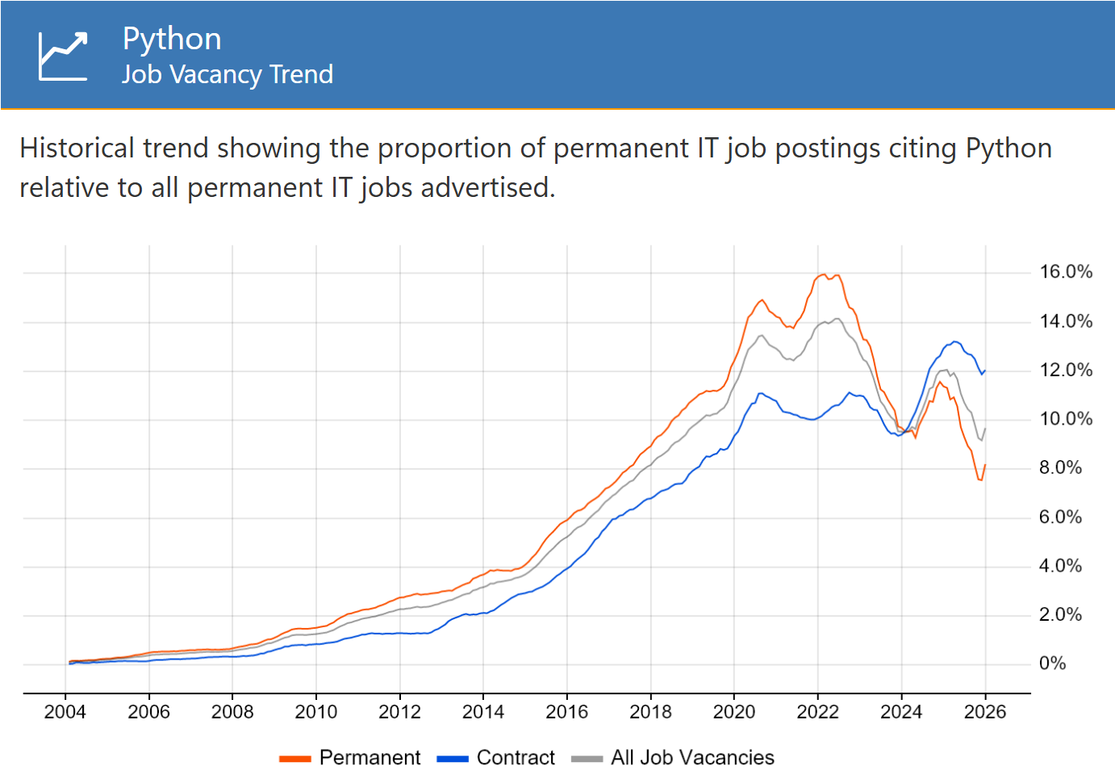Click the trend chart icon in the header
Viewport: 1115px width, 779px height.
[63, 56]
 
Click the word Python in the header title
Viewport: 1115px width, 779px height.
[172, 39]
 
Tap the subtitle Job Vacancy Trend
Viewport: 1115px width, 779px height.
[228, 75]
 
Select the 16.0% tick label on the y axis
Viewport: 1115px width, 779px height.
[1066, 271]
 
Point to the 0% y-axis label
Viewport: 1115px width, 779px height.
[1052, 663]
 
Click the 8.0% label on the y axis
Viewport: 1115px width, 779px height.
[1060, 467]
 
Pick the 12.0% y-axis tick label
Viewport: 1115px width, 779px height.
[1066, 370]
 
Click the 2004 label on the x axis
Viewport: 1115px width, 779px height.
[65, 712]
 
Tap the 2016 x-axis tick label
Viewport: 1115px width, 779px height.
[566, 712]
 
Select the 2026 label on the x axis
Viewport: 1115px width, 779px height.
[985, 712]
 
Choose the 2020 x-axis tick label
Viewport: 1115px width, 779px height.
[733, 712]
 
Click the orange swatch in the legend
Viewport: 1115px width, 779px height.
[295, 759]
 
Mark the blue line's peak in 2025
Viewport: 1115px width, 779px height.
[954, 341]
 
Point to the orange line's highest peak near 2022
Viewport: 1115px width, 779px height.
[824, 274]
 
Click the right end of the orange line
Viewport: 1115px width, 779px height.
[985, 465]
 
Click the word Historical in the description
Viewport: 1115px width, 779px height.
[77, 149]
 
